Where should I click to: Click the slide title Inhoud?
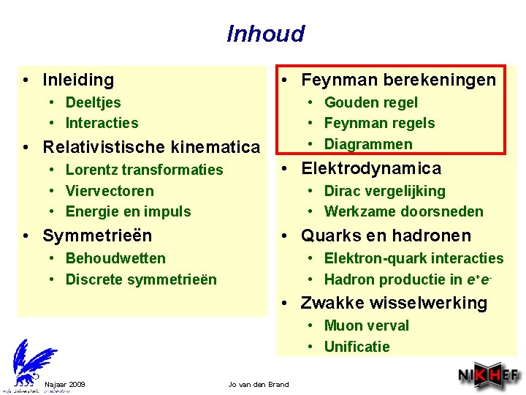tap(265, 34)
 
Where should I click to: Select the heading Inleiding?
tap(78, 80)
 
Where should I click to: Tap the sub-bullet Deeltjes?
tap(93, 102)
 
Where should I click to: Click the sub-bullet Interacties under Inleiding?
tap(102, 123)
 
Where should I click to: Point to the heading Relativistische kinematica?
tap(151, 147)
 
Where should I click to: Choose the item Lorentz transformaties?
tap(144, 170)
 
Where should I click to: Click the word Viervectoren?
tap(110, 191)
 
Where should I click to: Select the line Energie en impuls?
tap(128, 211)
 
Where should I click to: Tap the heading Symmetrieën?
tap(97, 236)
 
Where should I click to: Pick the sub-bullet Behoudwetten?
tap(115, 258)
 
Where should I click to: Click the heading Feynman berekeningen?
tap(398, 80)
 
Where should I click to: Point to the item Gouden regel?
tap(370, 102)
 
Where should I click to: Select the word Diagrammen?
tap(368, 144)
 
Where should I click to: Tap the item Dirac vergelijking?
tap(384, 191)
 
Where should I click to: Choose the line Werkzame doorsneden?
tap(403, 211)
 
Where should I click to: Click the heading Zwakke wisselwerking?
tap(394, 303)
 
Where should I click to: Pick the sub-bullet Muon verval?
tap(366, 326)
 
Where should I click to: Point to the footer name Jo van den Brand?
tap(259, 384)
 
